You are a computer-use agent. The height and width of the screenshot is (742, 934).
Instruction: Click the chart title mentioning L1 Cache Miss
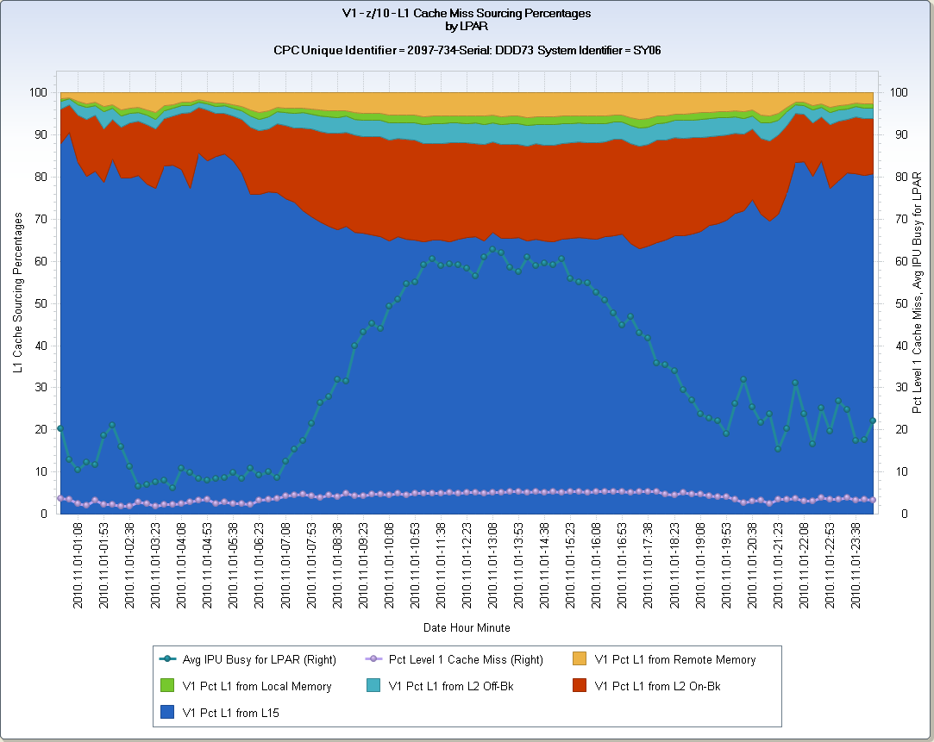pos(467,14)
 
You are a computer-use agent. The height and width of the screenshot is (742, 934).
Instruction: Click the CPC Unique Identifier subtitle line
pos(467,51)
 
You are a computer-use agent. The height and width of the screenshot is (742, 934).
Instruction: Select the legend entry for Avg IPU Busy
pos(259,660)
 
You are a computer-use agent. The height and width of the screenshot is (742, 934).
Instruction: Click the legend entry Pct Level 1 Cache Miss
pos(466,660)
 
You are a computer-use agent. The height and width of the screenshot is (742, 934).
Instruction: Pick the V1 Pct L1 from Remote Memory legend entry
pos(674,660)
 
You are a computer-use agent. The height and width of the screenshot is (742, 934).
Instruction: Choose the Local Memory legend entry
pos(257,687)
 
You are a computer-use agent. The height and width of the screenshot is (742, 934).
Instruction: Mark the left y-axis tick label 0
pos(44,514)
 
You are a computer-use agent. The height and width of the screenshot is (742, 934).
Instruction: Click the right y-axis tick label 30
pos(896,388)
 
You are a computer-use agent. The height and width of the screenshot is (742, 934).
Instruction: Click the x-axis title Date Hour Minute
pos(467,627)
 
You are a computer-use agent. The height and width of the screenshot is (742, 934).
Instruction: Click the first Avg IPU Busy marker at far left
pos(60,428)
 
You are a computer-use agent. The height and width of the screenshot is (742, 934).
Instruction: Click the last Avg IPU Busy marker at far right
pos(873,421)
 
